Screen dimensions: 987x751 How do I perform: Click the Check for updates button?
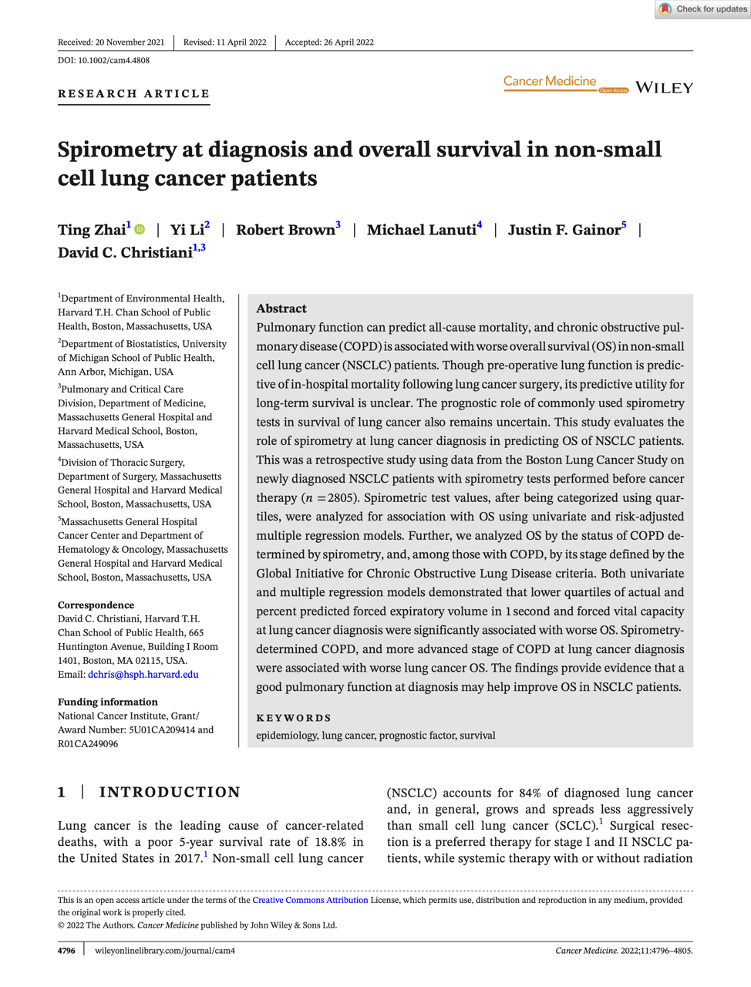tap(702, 9)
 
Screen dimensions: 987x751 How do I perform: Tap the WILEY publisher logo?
tap(664, 88)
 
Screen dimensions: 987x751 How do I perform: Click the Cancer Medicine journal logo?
tap(550, 82)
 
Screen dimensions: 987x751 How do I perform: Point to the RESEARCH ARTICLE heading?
tap(133, 94)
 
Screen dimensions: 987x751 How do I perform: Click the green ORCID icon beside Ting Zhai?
tap(140, 230)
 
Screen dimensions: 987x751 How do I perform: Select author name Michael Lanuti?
tap(421, 230)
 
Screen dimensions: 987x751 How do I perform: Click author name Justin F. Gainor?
tap(564, 230)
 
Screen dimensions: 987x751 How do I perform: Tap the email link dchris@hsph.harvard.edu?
tap(143, 675)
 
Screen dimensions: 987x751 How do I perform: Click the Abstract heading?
tap(281, 308)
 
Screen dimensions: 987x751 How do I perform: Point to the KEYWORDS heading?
tap(294, 718)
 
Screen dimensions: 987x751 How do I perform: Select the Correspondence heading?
tap(96, 605)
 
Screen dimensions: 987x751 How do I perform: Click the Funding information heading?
tap(108, 702)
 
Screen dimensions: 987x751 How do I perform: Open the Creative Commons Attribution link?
tap(310, 900)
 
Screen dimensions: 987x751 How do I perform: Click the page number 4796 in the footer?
tap(66, 951)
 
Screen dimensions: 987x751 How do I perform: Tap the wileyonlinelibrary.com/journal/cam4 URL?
tap(165, 951)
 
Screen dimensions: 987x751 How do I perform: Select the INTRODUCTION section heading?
tap(170, 792)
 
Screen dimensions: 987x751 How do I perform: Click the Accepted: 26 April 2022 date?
tap(329, 42)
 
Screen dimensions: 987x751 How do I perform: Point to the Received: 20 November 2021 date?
tap(111, 42)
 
